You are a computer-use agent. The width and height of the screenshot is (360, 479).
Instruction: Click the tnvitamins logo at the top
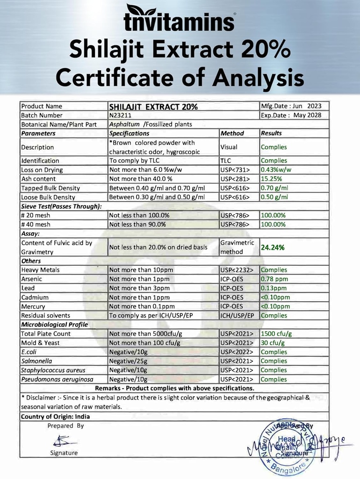(180, 19)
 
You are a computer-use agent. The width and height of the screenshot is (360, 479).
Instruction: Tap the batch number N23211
(119, 116)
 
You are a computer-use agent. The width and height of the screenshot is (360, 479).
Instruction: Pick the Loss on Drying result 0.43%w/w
(277, 170)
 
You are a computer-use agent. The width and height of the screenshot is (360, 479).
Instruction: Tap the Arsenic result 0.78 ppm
(274, 279)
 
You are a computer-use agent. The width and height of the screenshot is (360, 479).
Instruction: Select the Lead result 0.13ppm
(274, 288)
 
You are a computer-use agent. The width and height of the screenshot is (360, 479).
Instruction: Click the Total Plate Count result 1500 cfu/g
(276, 334)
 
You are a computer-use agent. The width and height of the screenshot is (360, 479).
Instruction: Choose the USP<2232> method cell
(238, 270)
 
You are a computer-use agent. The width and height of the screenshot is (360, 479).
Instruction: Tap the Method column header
(232, 133)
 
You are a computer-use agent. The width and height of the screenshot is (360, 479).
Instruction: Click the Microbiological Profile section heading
(54, 325)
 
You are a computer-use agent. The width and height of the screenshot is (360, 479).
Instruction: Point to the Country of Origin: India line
(55, 416)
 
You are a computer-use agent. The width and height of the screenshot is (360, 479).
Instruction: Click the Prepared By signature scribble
(60, 441)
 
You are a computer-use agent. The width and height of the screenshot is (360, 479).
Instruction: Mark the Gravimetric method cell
(237, 247)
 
